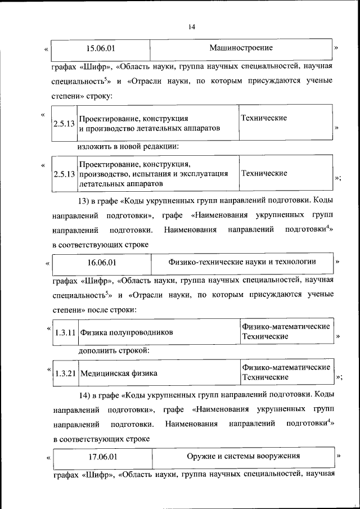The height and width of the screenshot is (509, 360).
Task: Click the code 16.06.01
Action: [x=102, y=262]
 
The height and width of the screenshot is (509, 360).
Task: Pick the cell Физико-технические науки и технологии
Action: [x=242, y=262]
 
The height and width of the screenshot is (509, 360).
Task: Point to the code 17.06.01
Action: [x=102, y=456]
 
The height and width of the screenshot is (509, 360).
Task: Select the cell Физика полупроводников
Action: [x=126, y=332]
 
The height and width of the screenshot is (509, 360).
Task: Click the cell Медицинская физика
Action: [x=118, y=373]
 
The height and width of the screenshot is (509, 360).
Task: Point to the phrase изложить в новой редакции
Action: [x=128, y=147]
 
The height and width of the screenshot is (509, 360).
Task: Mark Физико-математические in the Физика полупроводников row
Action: [x=285, y=327]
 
